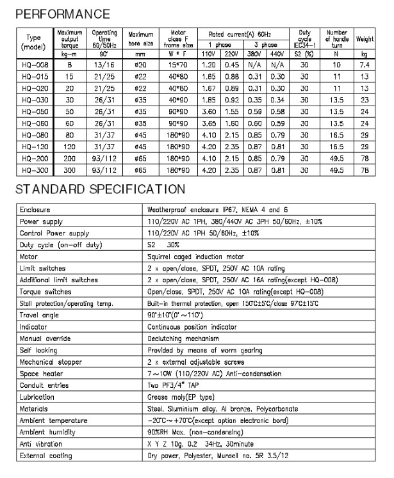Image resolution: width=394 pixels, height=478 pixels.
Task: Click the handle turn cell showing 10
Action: tap(338, 65)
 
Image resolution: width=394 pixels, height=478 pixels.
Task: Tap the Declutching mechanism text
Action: tap(181, 339)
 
